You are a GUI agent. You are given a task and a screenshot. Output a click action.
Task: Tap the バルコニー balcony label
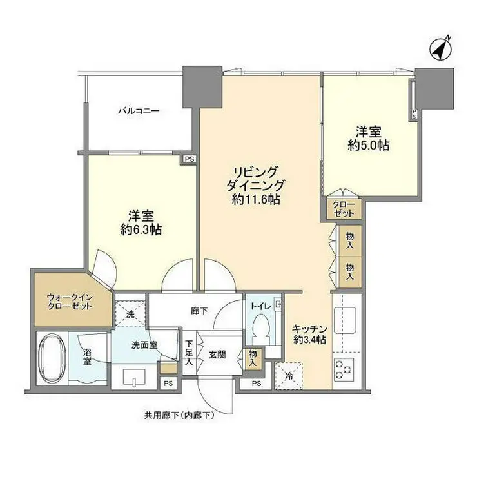click(138, 111)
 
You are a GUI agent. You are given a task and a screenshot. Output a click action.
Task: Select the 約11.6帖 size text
click(256, 199)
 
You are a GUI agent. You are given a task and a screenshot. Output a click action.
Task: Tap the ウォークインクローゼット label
click(70, 302)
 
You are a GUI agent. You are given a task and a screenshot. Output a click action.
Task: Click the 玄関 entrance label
click(217, 355)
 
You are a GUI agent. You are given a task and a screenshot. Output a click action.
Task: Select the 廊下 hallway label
click(199, 311)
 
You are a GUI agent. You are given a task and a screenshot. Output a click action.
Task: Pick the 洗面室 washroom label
click(145, 344)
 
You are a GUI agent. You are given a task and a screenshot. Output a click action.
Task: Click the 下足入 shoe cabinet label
click(189, 353)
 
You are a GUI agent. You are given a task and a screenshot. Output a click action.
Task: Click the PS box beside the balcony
click(188, 159)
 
